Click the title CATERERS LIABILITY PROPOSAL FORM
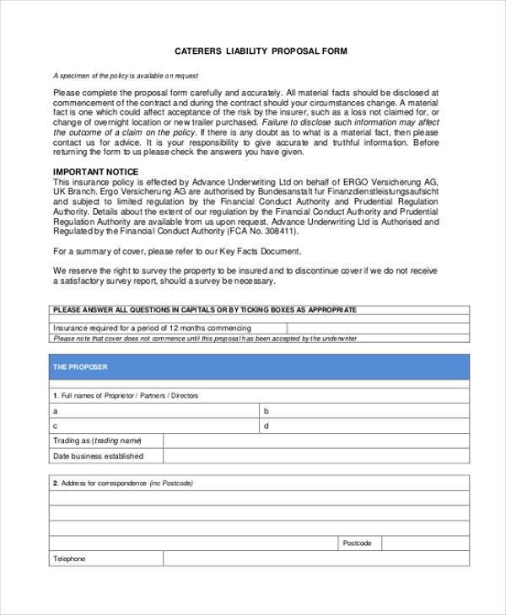click(x=260, y=51)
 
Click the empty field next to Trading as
click(x=316, y=441)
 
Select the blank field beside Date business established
click(x=316, y=456)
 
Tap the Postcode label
click(x=357, y=543)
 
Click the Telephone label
click(x=70, y=559)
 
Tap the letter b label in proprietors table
click(x=266, y=411)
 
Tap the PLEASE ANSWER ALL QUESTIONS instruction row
click(x=205, y=310)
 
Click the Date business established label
click(x=98, y=456)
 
